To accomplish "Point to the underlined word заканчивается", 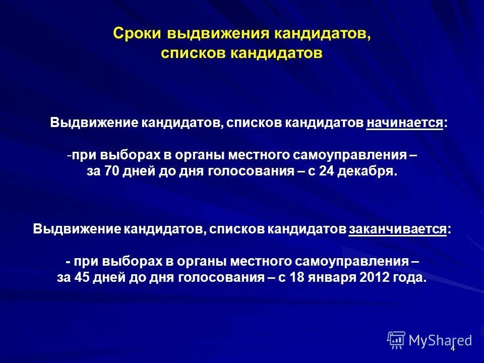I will click(x=398, y=229).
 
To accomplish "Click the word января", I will click(x=346, y=277).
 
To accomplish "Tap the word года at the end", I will click(x=414, y=277).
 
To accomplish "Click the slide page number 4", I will click(x=453, y=348).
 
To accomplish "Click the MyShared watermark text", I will click(x=441, y=340).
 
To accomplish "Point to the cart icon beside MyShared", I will click(x=396, y=340).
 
